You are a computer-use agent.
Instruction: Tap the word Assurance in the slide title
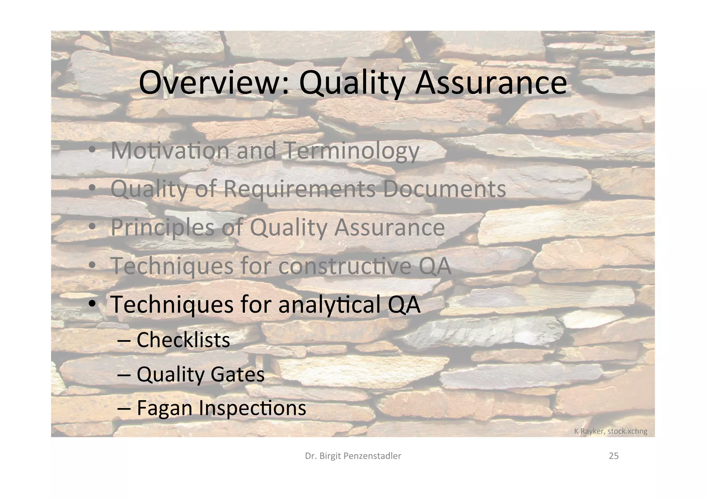coord(491,83)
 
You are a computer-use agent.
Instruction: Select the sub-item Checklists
coord(183,340)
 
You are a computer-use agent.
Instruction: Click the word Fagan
coord(164,408)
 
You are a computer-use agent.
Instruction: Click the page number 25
coord(614,456)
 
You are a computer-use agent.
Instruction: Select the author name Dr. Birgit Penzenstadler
coord(353,456)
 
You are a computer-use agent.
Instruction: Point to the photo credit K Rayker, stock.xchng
coord(611,431)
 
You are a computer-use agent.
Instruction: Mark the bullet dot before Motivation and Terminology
coord(92,151)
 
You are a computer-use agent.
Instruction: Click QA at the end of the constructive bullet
coord(435,266)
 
